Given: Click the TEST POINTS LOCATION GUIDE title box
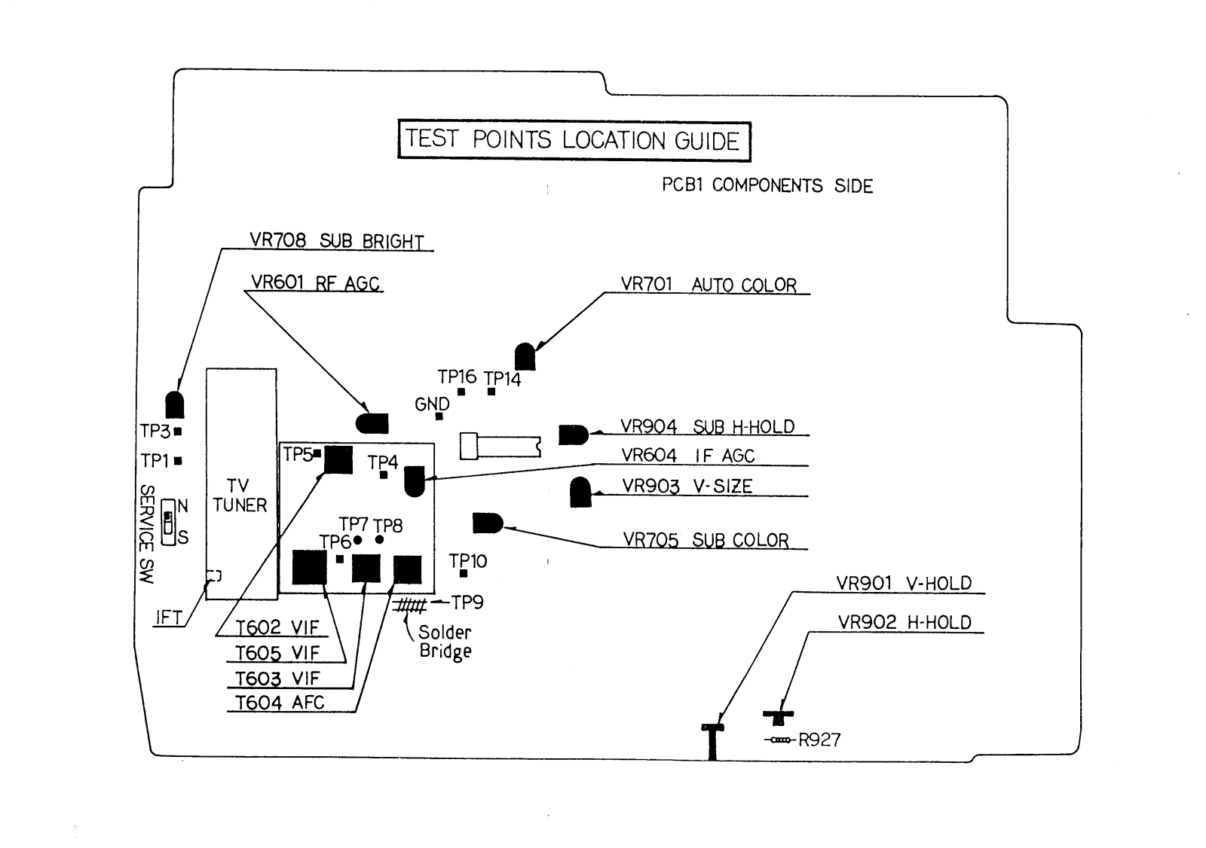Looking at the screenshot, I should click(x=574, y=140).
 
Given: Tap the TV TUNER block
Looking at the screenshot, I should click(x=241, y=483).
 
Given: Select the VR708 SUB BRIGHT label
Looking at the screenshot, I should click(x=336, y=241).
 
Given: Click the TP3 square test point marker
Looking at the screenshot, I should click(x=178, y=432).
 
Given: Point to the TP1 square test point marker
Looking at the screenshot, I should click(x=178, y=460).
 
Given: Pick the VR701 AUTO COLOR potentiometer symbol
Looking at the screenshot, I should click(x=525, y=356).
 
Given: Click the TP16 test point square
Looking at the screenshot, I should click(x=461, y=392).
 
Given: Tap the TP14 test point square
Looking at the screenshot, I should click(x=491, y=392).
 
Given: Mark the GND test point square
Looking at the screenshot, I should click(x=439, y=416).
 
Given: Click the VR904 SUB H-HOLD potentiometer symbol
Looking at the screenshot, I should click(x=573, y=435).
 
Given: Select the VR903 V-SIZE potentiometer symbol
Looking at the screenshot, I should click(x=580, y=493).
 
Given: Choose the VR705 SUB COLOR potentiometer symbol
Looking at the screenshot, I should click(x=487, y=523).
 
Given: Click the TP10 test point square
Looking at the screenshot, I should click(x=464, y=574).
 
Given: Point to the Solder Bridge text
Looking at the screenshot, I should click(x=445, y=642).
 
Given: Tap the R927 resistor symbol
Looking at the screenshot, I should click(x=779, y=741).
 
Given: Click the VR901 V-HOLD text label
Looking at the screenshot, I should click(x=903, y=583).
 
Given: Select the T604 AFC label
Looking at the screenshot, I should click(x=279, y=703).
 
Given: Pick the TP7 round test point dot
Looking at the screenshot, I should click(x=358, y=540).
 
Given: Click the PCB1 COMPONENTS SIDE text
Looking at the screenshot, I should click(x=767, y=185).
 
